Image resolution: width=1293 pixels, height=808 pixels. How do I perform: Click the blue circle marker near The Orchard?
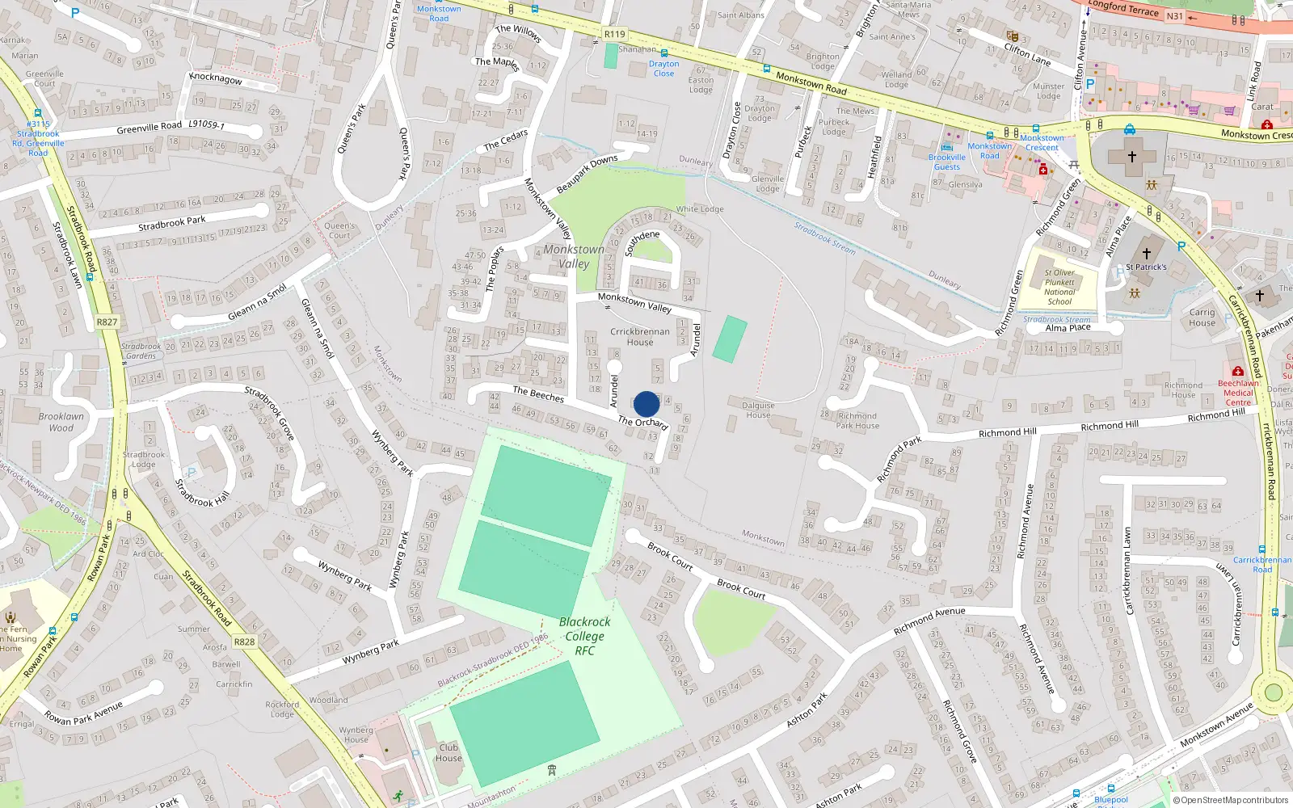[646, 404]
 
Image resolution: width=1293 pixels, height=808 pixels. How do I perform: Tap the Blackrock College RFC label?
[584, 636]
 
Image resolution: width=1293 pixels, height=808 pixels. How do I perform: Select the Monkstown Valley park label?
[574, 256]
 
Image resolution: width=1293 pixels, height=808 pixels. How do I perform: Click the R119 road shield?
[614, 34]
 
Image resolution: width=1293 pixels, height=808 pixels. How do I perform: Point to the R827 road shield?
[107, 322]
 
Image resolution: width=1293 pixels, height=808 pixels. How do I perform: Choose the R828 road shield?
[244, 642]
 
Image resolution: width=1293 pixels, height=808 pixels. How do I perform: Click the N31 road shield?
[1174, 16]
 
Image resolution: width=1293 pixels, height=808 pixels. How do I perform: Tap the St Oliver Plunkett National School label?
[1059, 288]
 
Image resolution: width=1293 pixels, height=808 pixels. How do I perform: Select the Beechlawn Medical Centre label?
[1238, 393]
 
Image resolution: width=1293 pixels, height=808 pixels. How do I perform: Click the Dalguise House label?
[758, 410]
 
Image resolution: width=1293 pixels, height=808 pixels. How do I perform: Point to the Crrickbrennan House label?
[640, 337]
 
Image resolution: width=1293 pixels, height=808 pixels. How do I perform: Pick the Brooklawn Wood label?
[61, 422]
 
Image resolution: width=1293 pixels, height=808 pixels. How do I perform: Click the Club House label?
[449, 753]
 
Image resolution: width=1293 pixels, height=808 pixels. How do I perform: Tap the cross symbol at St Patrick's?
[1146, 254]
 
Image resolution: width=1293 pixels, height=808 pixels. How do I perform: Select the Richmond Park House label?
[857, 421]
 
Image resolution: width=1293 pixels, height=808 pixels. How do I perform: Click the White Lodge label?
[700, 209]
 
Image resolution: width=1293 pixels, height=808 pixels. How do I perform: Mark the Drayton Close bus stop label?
[663, 69]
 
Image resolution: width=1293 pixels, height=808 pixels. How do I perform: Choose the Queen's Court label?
[339, 231]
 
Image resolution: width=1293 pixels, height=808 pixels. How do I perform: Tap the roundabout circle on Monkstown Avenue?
[1274, 692]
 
